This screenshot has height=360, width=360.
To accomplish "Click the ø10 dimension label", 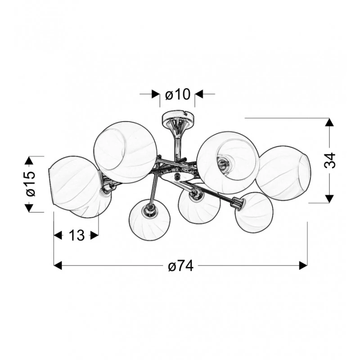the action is click(x=178, y=94).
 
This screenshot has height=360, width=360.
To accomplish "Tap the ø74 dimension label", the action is click(x=181, y=266).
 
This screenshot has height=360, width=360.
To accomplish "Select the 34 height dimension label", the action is click(x=330, y=160).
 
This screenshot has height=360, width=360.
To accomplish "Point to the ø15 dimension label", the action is click(x=31, y=184).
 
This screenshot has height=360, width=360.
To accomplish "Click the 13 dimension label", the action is click(x=76, y=235).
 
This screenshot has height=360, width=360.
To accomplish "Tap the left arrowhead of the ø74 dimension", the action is click(x=58, y=265).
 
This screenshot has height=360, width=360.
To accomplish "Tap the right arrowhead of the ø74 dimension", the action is click(x=303, y=265).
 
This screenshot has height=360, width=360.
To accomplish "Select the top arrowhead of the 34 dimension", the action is click(x=329, y=122).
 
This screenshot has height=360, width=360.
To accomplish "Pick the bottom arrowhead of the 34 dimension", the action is click(x=329, y=199).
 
